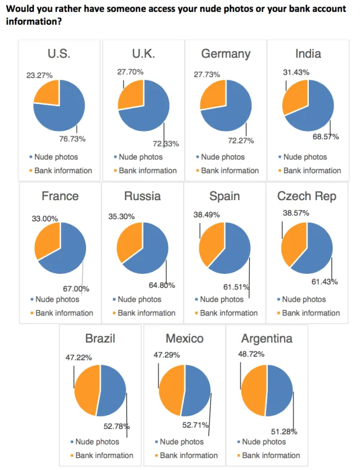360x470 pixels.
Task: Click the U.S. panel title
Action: pyautogui.click(x=59, y=54)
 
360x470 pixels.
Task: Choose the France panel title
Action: pyautogui.click(x=60, y=196)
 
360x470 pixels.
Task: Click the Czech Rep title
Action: pyautogui.click(x=307, y=196)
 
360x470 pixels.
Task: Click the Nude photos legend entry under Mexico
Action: pyautogui.click(x=182, y=442)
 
